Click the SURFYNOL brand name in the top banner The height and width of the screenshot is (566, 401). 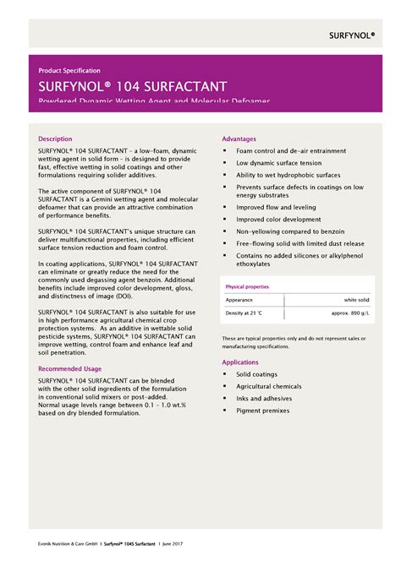click(x=351, y=35)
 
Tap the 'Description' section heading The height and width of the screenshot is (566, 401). click(x=56, y=138)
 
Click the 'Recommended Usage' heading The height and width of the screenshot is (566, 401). click(x=70, y=368)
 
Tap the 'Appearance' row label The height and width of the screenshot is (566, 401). click(x=240, y=300)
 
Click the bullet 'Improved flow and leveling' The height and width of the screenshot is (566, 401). click(x=275, y=206)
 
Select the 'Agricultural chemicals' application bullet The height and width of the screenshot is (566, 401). click(x=271, y=386)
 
